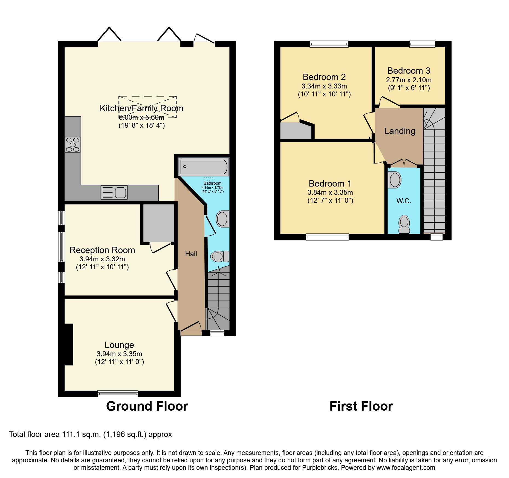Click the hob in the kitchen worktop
[73, 145]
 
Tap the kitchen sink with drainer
[114, 192]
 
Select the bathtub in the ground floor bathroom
[204, 167]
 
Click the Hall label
[191, 254]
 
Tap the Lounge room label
[119, 345]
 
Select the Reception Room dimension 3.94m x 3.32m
[102, 259]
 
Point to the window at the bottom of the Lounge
[118, 394]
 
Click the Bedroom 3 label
[409, 71]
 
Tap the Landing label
[400, 131]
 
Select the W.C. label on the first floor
[404, 201]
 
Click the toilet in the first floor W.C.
[404, 224]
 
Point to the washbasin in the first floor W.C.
[395, 180]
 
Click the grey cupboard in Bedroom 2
[296, 131]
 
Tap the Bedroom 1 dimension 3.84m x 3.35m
[330, 193]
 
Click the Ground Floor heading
[147, 406]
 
